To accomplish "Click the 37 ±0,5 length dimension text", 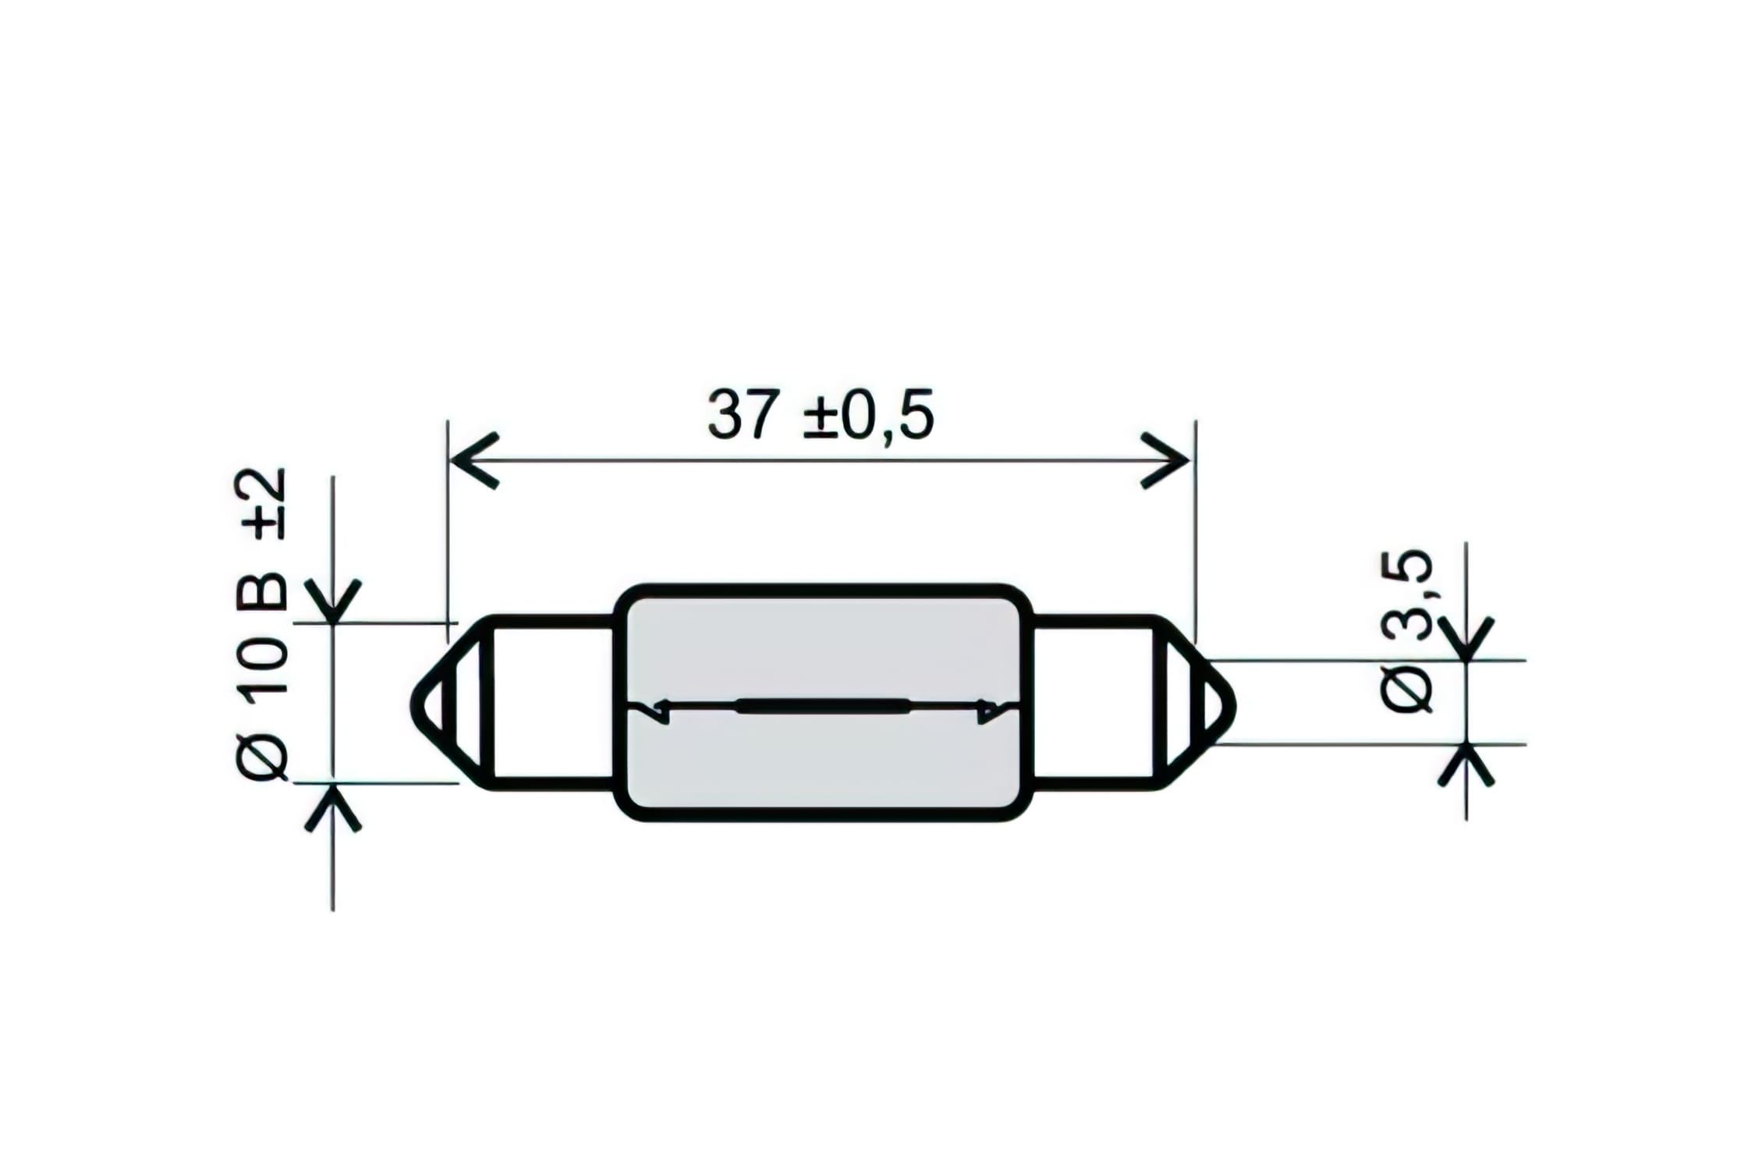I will tap(820, 415).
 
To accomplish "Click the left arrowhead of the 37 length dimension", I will tap(473, 460).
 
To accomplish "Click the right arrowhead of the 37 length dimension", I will tap(1167, 460).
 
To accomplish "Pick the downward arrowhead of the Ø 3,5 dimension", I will tap(1466, 641).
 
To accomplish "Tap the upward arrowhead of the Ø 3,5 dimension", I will tap(1466, 764).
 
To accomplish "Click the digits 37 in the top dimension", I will tap(743, 415).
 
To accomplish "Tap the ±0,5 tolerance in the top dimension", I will tap(868, 415).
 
